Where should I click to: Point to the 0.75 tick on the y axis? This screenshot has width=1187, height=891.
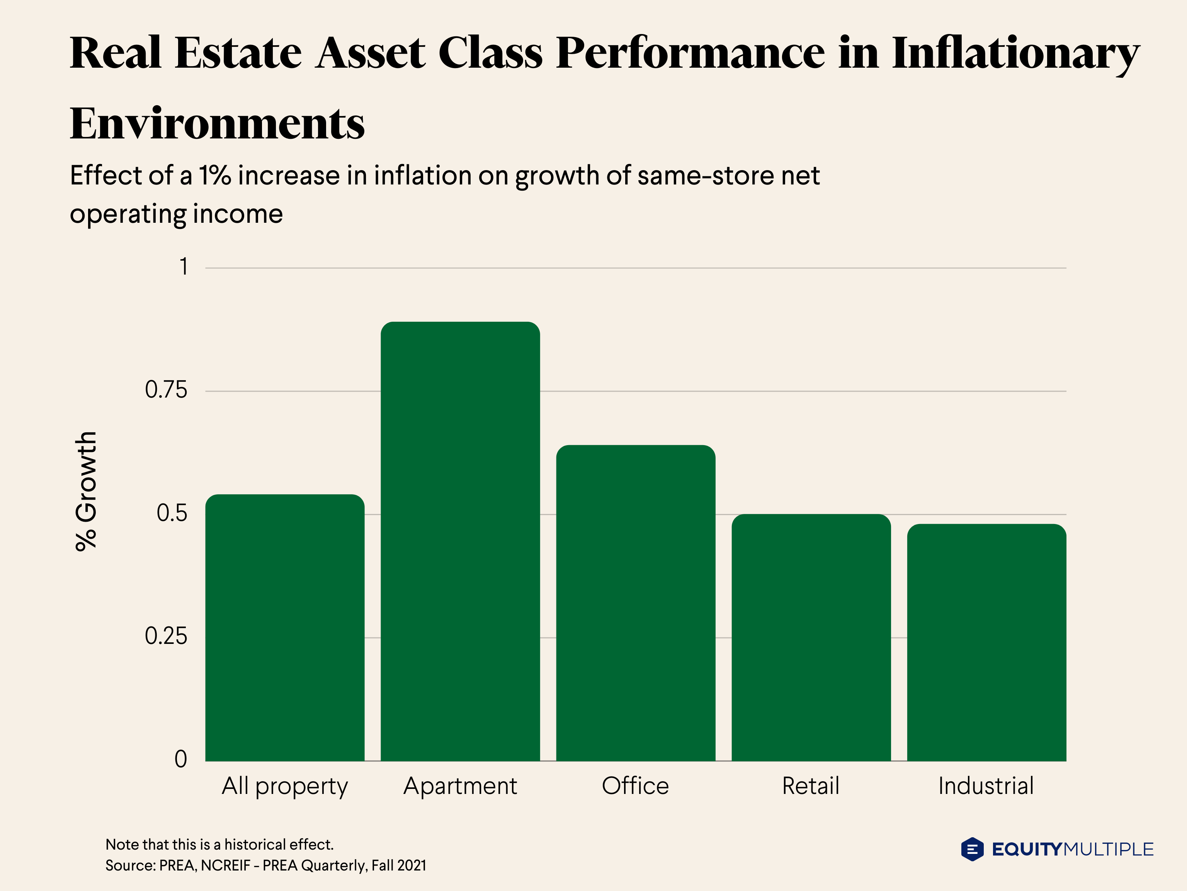click(x=166, y=390)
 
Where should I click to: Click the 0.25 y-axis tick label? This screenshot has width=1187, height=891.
click(x=166, y=637)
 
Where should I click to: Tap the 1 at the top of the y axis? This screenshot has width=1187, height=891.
click(x=184, y=267)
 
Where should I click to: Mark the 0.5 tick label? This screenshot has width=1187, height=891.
click(x=172, y=514)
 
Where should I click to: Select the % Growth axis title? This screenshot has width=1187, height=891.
click(x=86, y=491)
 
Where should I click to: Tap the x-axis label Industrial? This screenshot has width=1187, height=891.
click(x=986, y=786)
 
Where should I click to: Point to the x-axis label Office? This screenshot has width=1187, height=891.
click(x=635, y=786)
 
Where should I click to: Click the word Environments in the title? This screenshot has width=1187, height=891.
click(x=217, y=123)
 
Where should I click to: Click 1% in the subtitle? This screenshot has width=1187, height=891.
click(x=215, y=176)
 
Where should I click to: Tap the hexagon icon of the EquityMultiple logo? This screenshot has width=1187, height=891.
click(x=972, y=849)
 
